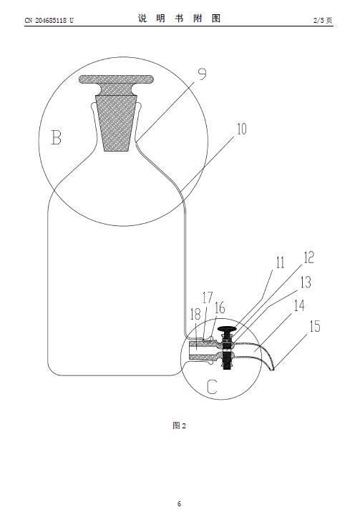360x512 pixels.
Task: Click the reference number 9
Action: (x=203, y=74)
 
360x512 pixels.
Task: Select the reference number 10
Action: (x=241, y=129)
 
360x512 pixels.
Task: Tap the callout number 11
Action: (x=281, y=263)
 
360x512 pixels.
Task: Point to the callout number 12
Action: (x=308, y=257)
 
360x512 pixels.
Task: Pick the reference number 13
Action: (x=306, y=282)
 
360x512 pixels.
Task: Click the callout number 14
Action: (x=299, y=306)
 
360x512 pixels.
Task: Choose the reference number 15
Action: (x=315, y=326)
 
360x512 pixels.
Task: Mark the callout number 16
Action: (x=220, y=308)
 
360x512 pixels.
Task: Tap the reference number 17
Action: (x=208, y=297)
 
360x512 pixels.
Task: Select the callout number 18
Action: (x=195, y=314)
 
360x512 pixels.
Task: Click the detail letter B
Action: (x=57, y=137)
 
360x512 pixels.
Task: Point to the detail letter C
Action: (x=212, y=387)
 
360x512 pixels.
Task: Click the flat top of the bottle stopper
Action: (x=116, y=79)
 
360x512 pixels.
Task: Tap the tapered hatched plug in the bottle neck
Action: (x=117, y=123)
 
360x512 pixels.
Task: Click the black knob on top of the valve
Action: (x=228, y=328)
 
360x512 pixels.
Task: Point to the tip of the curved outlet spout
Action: (x=273, y=369)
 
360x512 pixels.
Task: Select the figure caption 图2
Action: (x=179, y=425)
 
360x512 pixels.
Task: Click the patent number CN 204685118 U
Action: (x=49, y=20)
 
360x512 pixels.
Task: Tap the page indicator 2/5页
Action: (x=323, y=20)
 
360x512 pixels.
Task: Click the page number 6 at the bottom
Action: (x=179, y=503)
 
